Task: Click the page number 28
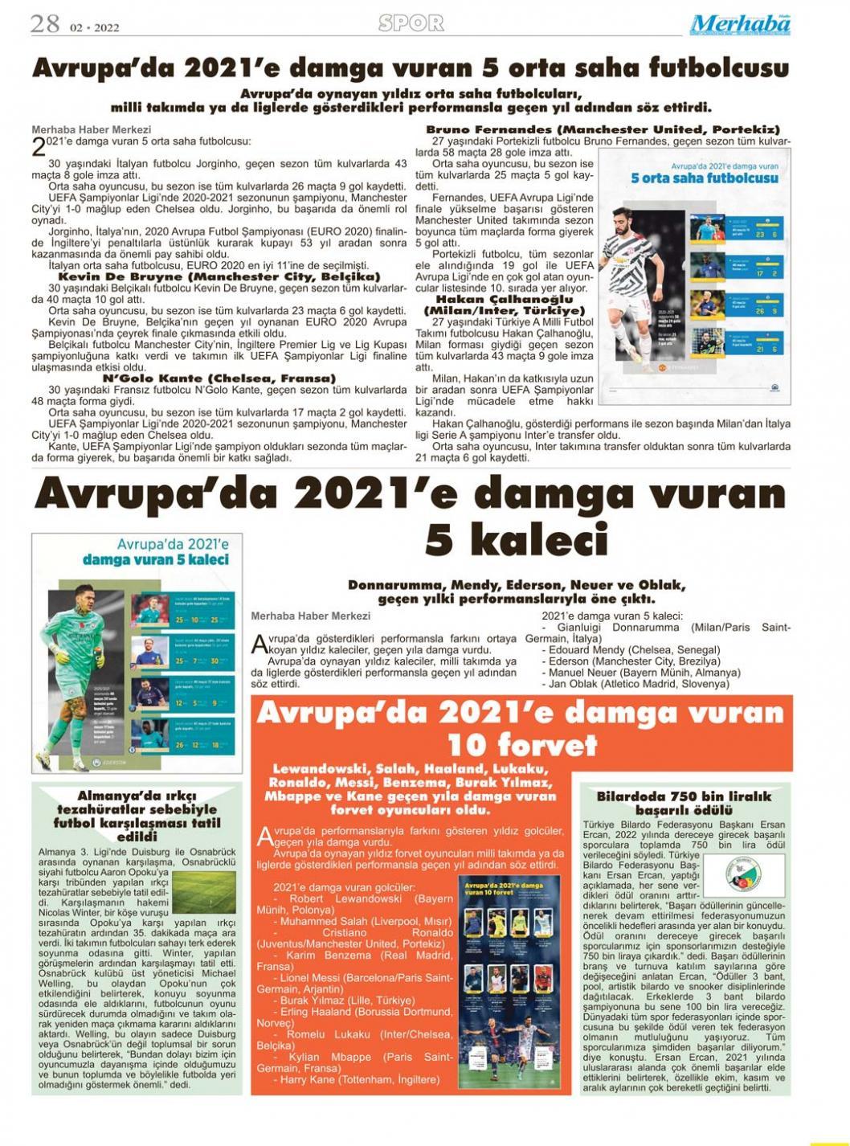(x=45, y=24)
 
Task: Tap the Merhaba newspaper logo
(x=740, y=25)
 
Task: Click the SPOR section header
(x=411, y=24)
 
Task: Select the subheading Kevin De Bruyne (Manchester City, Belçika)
(x=219, y=276)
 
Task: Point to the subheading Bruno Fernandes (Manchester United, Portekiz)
(x=603, y=129)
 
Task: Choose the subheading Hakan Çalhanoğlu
(x=504, y=299)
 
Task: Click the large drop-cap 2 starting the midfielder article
(x=39, y=145)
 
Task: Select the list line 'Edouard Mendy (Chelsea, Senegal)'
(x=634, y=649)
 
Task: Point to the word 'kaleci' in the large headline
(x=517, y=539)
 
